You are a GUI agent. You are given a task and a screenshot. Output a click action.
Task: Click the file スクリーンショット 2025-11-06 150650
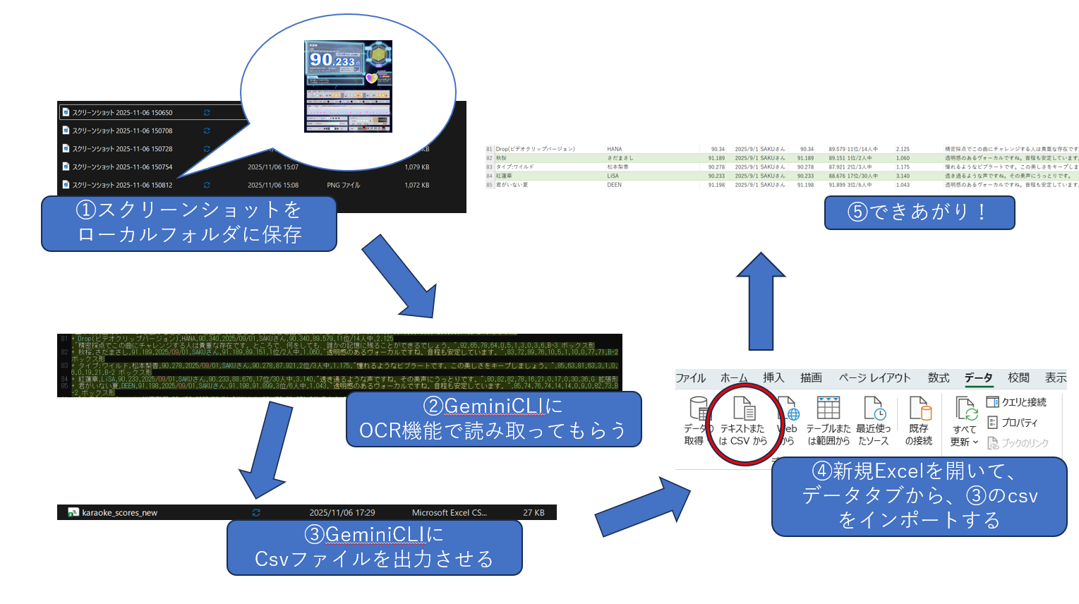tap(122, 113)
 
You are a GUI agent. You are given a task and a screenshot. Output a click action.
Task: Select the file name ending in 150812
tap(122, 186)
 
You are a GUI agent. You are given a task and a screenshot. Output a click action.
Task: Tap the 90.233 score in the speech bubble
tap(332, 61)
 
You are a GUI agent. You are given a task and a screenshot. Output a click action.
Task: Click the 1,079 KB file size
tap(416, 167)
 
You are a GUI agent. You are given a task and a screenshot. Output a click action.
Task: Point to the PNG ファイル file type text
tap(343, 186)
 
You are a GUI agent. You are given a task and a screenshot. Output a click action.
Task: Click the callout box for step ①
tap(189, 223)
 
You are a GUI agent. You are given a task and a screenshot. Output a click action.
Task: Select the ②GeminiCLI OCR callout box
tap(493, 419)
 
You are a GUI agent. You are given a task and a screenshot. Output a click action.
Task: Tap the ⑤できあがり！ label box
tap(919, 212)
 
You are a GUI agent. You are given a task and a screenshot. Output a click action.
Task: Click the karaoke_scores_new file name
tap(119, 513)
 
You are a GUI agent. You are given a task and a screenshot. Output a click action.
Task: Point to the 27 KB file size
tap(534, 513)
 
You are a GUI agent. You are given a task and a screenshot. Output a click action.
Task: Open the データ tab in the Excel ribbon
tap(978, 378)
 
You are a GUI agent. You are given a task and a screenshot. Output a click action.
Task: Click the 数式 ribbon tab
tap(938, 378)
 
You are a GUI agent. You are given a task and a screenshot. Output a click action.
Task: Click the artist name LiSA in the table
tap(613, 176)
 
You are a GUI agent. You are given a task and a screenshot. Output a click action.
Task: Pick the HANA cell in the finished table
tap(614, 150)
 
